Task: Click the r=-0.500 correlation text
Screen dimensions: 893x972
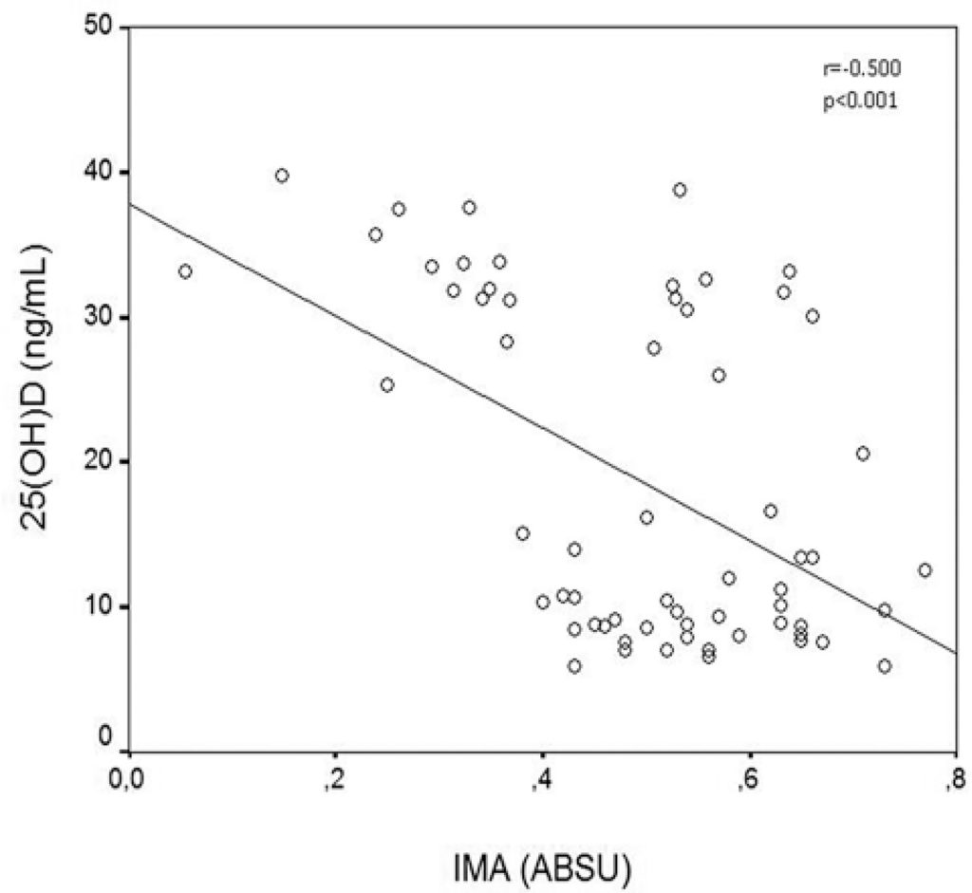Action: click(854, 69)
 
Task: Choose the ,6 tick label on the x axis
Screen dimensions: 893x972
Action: click(748, 782)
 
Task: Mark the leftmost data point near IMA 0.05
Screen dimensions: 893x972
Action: click(185, 271)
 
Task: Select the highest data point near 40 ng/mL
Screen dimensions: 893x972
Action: click(282, 176)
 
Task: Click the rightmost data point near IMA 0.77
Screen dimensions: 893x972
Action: click(925, 570)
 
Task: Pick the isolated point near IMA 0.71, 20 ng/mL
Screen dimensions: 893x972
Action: click(863, 454)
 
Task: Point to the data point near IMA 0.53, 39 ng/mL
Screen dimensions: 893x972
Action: click(680, 190)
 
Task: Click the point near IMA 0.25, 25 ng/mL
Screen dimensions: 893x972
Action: click(387, 384)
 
